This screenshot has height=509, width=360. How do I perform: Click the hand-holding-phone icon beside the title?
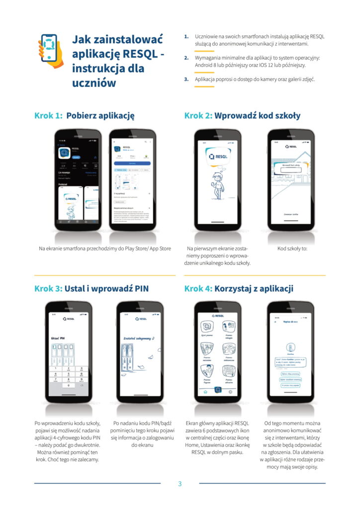[x=50, y=49]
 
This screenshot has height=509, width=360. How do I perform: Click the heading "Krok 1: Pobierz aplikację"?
[x=85, y=116]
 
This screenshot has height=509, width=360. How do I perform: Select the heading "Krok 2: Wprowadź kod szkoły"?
[x=242, y=116]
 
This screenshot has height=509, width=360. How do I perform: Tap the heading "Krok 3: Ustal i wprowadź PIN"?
[x=91, y=289]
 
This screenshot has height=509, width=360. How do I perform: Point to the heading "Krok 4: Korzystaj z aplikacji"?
[x=239, y=289]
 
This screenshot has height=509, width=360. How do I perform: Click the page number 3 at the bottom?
[x=180, y=484]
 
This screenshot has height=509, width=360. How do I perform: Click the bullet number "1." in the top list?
[x=186, y=36]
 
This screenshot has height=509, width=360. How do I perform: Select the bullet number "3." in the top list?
[x=186, y=79]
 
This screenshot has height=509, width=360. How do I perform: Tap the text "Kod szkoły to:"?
[x=292, y=249]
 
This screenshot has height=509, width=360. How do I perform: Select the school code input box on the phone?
[x=291, y=170]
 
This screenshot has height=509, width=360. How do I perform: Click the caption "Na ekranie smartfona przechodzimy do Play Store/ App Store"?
[x=105, y=249]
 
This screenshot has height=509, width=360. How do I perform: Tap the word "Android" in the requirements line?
[x=205, y=65]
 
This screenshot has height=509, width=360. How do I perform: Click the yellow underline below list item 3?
[x=204, y=86]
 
